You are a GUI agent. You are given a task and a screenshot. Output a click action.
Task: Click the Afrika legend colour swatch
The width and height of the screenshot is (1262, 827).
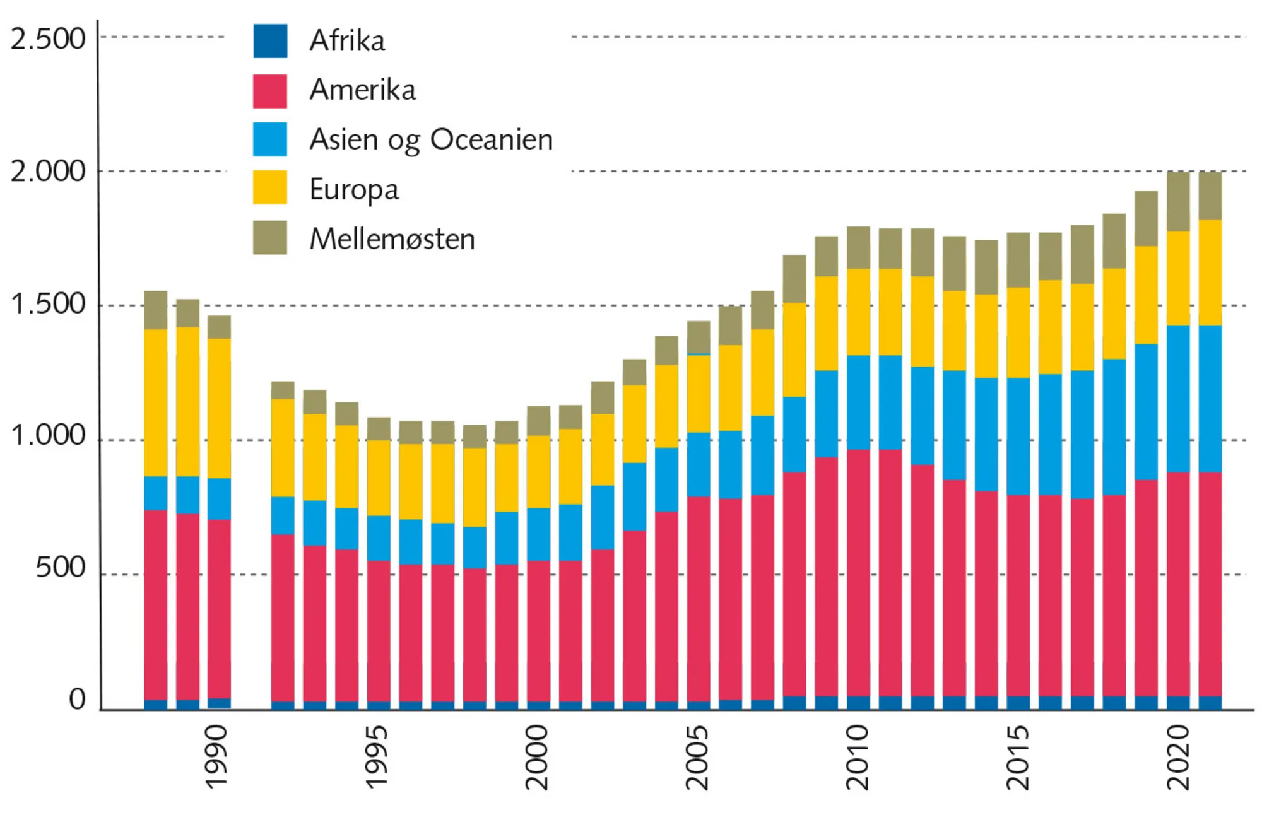pos(270,41)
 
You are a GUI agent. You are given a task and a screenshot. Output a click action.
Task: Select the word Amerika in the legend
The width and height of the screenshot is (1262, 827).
pos(362,90)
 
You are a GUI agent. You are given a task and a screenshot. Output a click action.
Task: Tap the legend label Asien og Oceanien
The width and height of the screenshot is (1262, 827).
pos(431,139)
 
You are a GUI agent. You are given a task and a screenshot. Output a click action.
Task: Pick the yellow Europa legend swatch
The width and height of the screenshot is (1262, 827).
pos(270,188)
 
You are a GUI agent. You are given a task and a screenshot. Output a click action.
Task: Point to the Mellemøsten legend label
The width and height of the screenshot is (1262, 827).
pos(392,239)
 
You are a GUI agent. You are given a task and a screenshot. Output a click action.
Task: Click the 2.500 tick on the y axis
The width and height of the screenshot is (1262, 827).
pos(48,39)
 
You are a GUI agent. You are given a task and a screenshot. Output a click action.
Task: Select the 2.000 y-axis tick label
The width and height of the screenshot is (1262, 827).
pos(48,172)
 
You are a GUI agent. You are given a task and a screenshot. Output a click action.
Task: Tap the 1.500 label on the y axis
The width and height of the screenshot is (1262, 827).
pos(48,304)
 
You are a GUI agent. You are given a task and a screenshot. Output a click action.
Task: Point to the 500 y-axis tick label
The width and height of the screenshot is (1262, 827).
pos(61,568)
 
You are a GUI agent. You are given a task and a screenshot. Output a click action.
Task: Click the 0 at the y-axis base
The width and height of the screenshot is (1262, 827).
pos(77,700)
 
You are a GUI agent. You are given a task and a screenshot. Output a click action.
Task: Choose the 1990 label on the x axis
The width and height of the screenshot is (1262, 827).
pos(216,757)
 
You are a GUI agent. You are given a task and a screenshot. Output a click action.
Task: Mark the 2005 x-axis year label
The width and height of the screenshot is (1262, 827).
pos(697,757)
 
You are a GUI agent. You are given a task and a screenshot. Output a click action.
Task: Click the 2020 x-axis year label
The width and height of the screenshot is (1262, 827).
pos(1178,757)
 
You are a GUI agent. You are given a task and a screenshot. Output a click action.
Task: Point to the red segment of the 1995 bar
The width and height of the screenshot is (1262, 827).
pos(379,631)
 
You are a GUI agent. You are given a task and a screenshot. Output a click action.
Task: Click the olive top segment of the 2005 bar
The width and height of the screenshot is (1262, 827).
pos(699,337)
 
